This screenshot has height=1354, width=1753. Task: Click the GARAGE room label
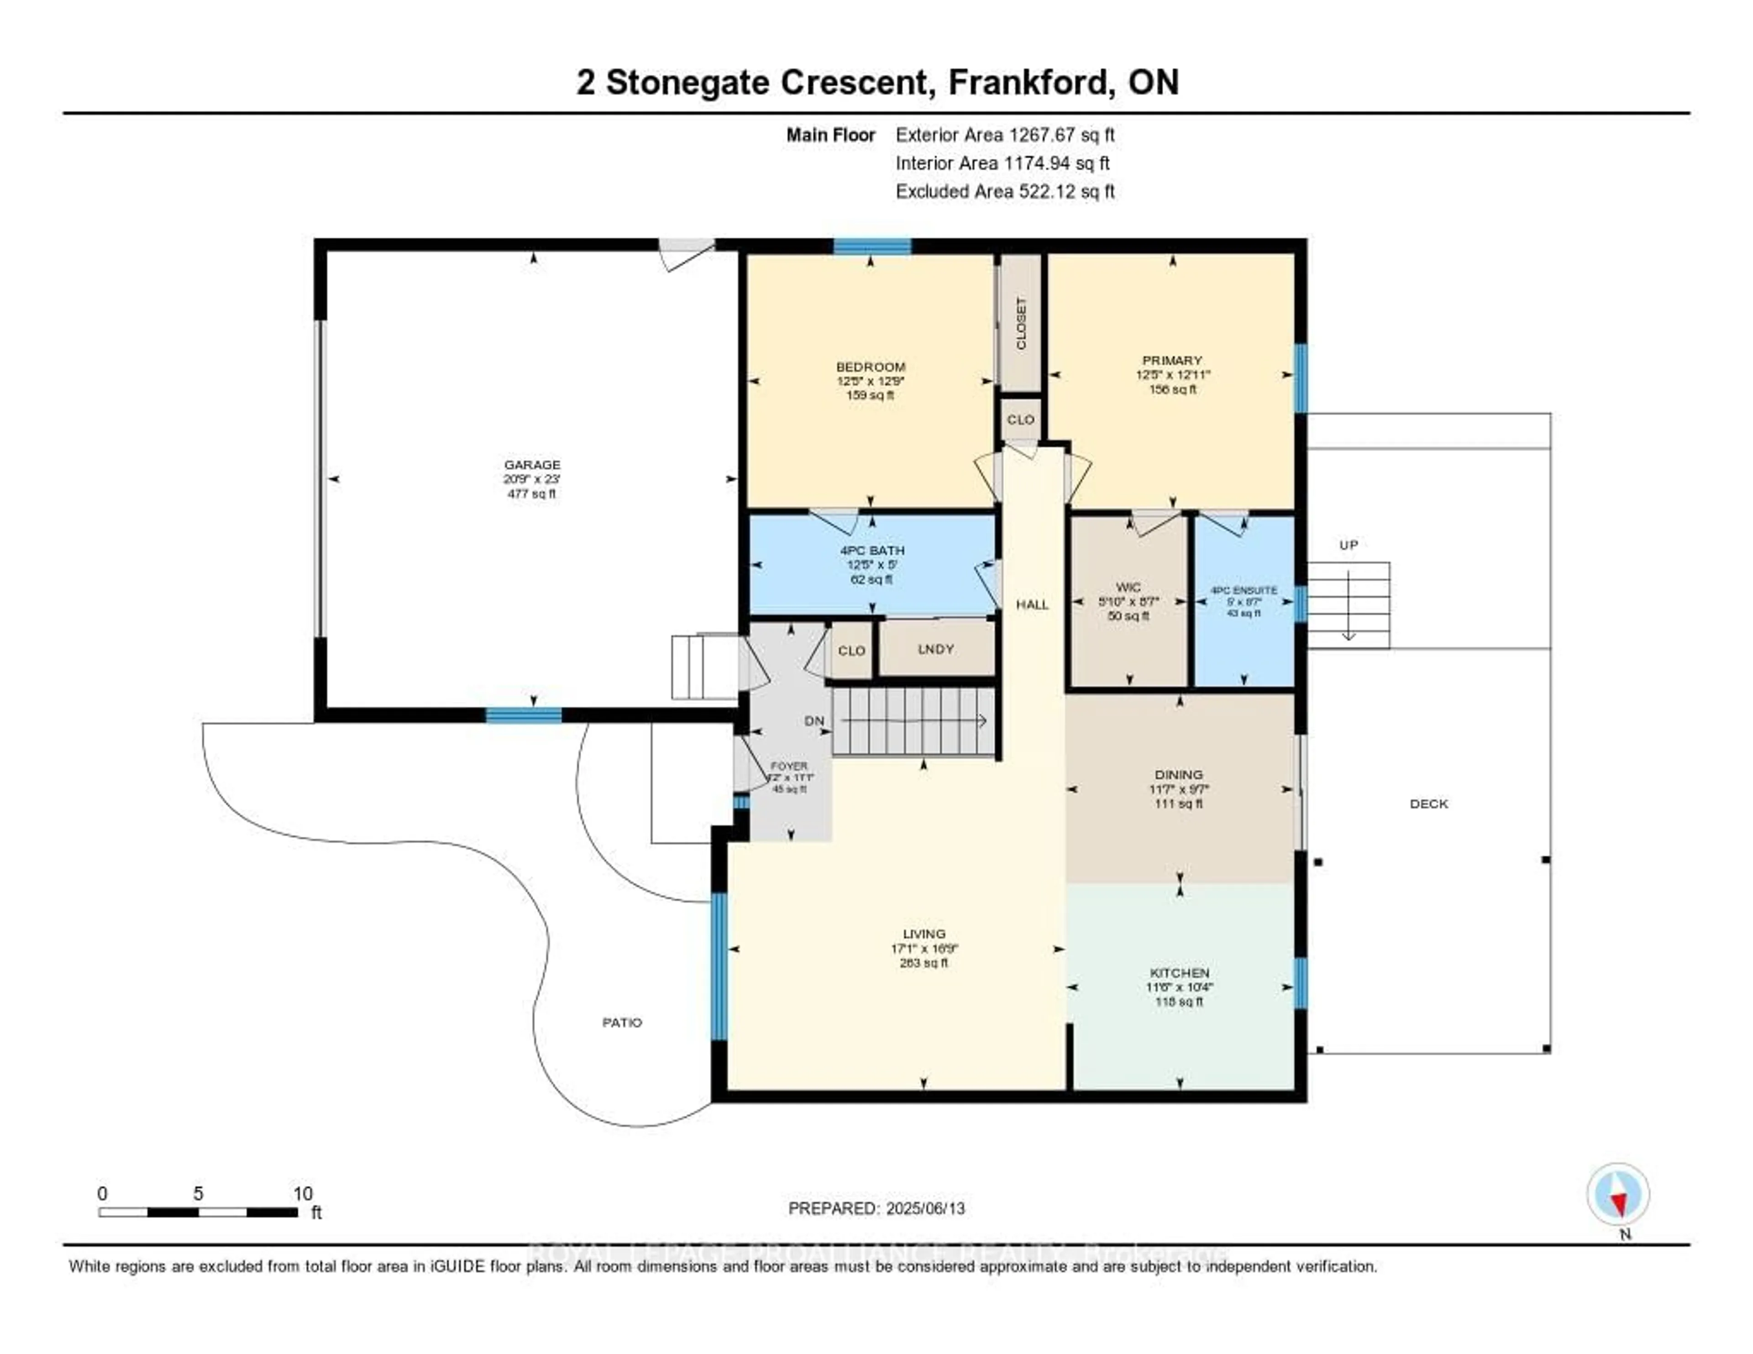coord(532,465)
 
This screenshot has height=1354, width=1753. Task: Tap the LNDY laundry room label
coord(936,649)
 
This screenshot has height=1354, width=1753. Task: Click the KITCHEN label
coord(1179,973)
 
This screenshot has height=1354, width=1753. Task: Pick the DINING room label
coord(1179,775)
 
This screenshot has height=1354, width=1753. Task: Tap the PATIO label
coord(622,1023)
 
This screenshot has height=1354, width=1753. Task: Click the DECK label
coord(1429,803)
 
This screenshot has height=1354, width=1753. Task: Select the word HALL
coord(1032,604)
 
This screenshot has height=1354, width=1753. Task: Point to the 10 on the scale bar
coord(303,1193)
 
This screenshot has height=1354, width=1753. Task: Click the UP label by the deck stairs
coord(1349,545)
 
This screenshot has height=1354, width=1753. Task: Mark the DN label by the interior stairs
coord(814,721)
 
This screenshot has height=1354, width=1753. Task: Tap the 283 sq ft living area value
coord(924,963)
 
